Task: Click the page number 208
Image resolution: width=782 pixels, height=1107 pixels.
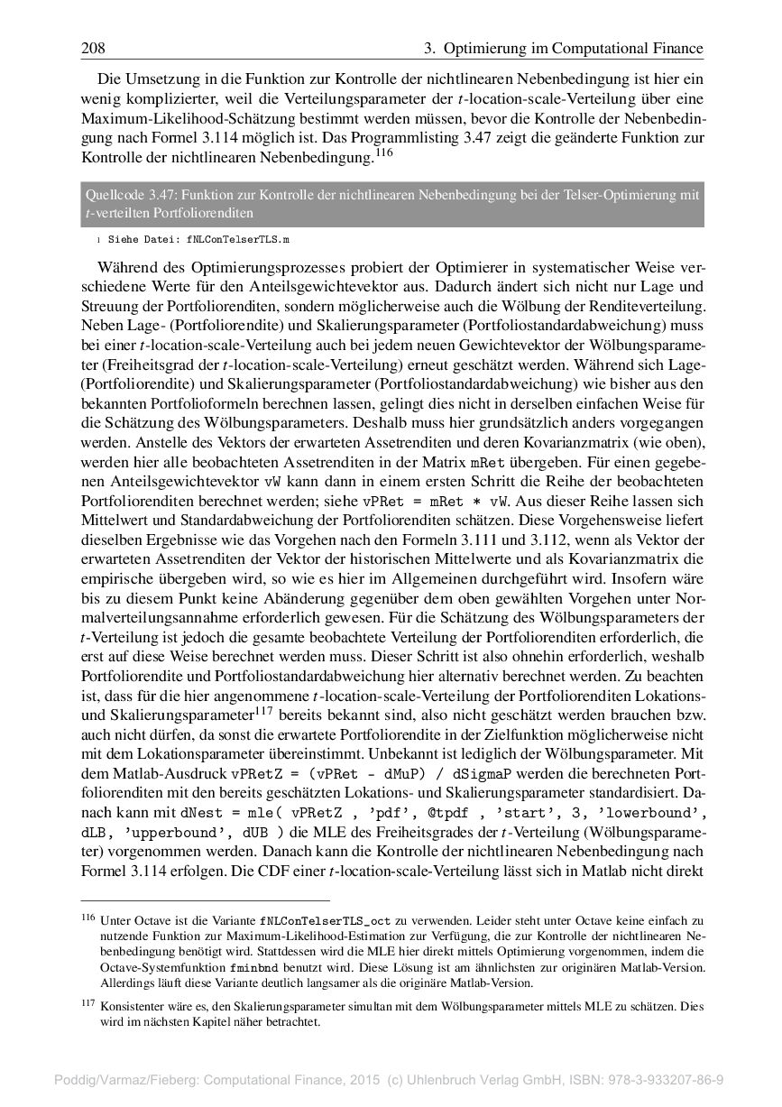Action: [x=94, y=48]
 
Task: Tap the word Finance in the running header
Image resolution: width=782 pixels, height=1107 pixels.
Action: [x=670, y=48]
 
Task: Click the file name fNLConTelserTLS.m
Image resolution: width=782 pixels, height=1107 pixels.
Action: [x=239, y=242]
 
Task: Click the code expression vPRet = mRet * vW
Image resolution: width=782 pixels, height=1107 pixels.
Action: [x=436, y=499]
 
